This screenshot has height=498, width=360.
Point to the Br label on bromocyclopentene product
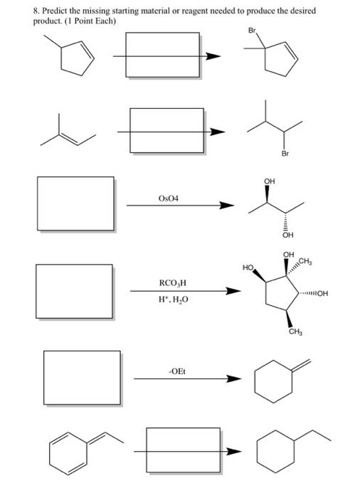[251, 31]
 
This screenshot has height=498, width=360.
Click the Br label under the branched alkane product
[285, 152]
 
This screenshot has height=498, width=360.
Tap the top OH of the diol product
[268, 181]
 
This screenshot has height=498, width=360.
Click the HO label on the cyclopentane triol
[248, 268]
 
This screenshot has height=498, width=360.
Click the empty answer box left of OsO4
[76, 202]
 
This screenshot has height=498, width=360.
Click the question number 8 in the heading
[18, 12]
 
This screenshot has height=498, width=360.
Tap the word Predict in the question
[39, 12]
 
